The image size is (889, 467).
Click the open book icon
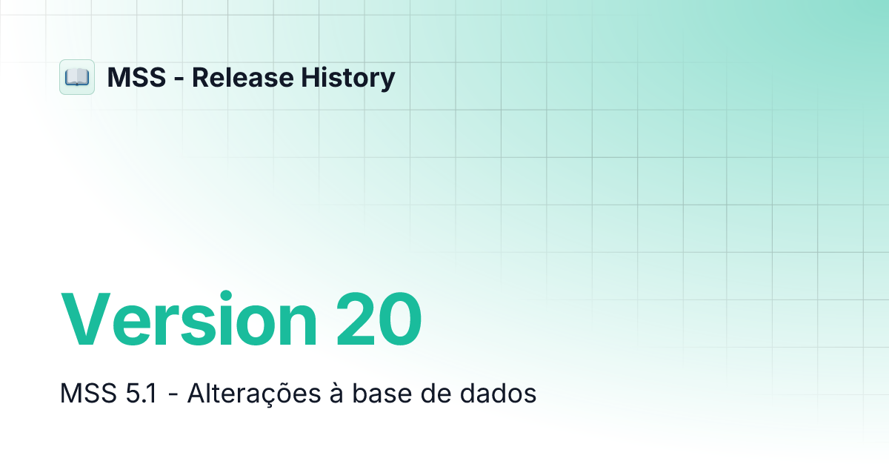click(77, 77)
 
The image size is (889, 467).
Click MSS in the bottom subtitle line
click(84, 394)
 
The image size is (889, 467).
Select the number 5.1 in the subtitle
click(139, 394)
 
